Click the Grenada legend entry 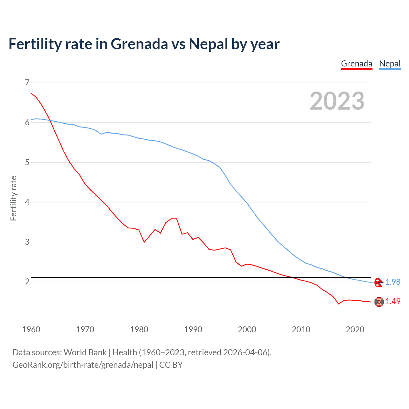[x=357, y=64]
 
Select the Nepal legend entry [x=390, y=64]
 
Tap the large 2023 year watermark [x=337, y=101]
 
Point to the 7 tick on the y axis [x=27, y=83]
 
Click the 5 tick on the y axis [x=27, y=162]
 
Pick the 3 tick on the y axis [x=27, y=242]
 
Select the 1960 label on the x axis [x=31, y=329]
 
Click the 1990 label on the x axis [x=193, y=329]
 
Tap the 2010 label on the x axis [x=301, y=329]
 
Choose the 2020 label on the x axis [x=355, y=329]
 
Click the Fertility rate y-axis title [x=13, y=198]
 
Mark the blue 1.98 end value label [x=393, y=282]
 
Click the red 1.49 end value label [x=393, y=301]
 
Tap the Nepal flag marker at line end [x=379, y=282]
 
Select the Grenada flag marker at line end [x=379, y=302]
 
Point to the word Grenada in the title [x=139, y=44]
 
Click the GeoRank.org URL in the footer [x=83, y=365]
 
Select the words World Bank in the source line [x=85, y=352]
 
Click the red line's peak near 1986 [x=174, y=219]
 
